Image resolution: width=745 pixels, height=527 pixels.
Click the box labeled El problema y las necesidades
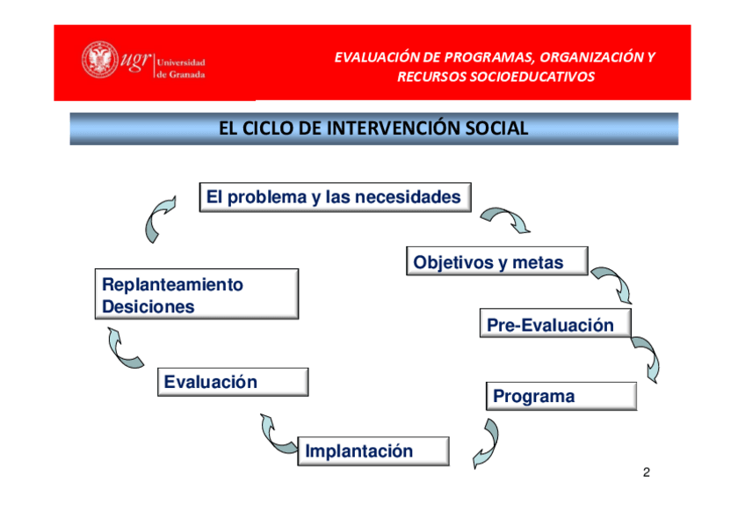pyautogui.click(x=336, y=197)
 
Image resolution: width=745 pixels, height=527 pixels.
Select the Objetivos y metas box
pyautogui.click(x=497, y=261)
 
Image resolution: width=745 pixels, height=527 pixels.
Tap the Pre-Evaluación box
pyautogui.click(x=555, y=324)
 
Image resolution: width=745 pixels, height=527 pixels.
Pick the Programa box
pyautogui.click(x=561, y=396)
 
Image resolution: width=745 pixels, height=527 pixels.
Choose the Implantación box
pyautogui.click(x=373, y=451)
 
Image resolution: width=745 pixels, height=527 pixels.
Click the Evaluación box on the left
pyautogui.click(x=233, y=382)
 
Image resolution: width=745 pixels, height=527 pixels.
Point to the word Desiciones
pyautogui.click(x=148, y=307)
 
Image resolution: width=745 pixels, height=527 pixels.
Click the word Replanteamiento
pyautogui.click(x=172, y=284)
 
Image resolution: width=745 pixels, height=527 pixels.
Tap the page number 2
pyautogui.click(x=647, y=472)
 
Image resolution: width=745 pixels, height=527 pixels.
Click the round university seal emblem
pyautogui.click(x=100, y=60)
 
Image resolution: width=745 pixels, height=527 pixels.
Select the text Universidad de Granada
pyautogui.click(x=181, y=68)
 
